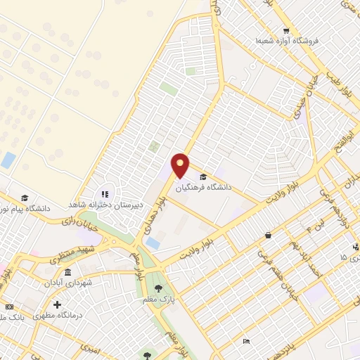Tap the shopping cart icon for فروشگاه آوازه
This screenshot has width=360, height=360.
(286, 30)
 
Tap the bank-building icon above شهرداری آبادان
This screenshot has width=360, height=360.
(67, 271)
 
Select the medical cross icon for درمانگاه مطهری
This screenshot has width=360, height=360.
(57, 305)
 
